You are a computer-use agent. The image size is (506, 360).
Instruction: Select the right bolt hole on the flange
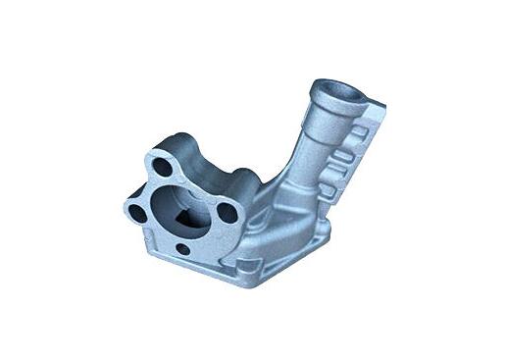tap(226, 210)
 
